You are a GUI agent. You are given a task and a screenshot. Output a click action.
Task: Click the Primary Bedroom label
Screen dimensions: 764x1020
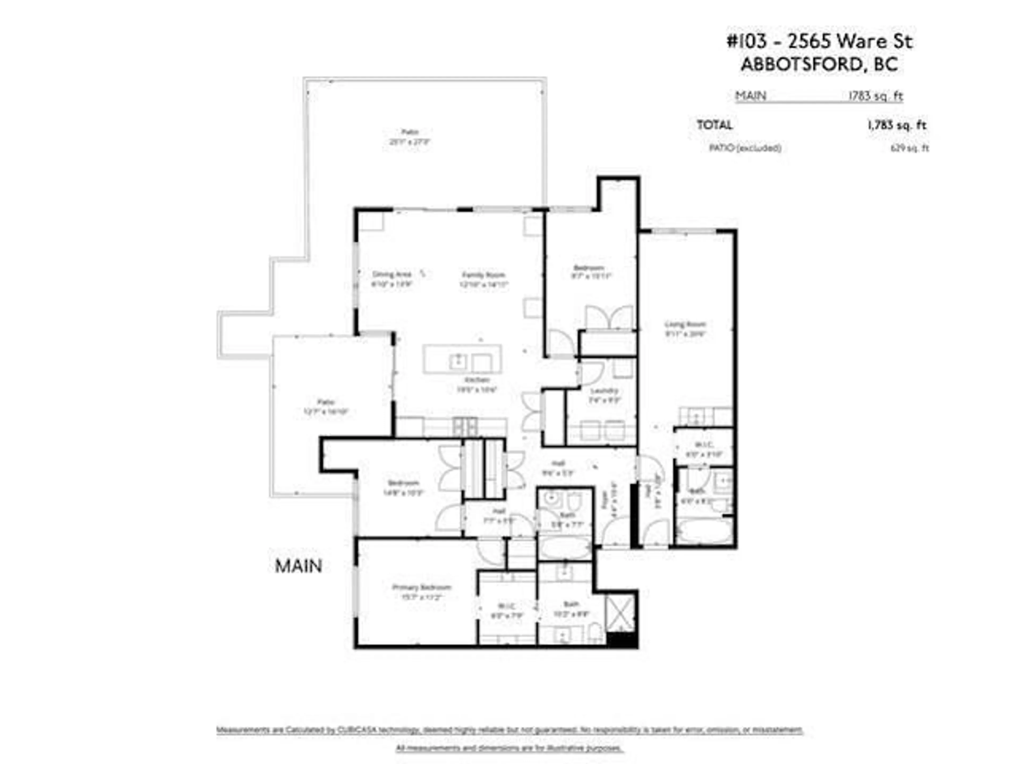tap(421, 587)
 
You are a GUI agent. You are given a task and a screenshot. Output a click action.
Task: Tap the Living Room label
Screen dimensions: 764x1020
tap(685, 324)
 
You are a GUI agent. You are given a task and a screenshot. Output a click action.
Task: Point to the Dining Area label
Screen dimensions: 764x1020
tap(392, 274)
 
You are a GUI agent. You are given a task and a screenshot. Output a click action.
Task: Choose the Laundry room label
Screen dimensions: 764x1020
tap(604, 391)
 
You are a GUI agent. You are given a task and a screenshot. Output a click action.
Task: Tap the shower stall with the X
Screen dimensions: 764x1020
tap(620, 613)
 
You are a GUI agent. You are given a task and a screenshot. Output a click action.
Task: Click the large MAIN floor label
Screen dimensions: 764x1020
tap(298, 566)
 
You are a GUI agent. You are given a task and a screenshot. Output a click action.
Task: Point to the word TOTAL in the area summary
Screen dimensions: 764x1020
tap(714, 125)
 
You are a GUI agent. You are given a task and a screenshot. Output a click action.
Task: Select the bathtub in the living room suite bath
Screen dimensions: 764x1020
tap(704, 531)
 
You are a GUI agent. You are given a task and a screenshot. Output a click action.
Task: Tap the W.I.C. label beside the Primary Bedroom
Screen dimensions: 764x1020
tap(506, 606)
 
